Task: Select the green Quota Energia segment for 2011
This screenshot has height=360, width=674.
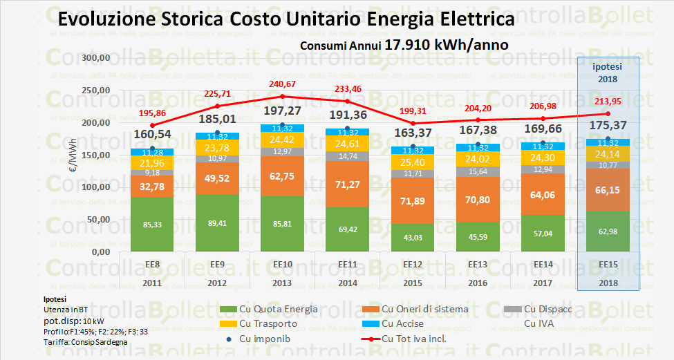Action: click(x=152, y=225)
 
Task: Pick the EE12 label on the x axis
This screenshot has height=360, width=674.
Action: click(x=413, y=264)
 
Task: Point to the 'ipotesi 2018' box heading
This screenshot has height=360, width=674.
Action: click(x=608, y=72)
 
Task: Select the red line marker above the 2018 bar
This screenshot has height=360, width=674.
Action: click(x=608, y=114)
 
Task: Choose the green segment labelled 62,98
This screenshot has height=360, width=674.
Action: click(x=608, y=231)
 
